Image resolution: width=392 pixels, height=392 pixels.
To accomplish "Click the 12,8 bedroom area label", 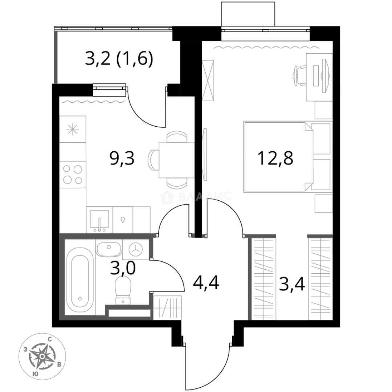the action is point(275,159).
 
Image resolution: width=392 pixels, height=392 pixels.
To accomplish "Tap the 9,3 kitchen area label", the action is point(122,159).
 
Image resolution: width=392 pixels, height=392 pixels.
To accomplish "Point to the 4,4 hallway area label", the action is point(206,283).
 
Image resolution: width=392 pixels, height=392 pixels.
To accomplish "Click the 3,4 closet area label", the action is point(292,285).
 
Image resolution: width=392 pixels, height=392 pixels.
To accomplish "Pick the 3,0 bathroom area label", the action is point(123,268).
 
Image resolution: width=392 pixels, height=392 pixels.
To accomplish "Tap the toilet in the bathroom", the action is point(123,291).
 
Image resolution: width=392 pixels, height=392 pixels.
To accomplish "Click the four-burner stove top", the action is point(73,174).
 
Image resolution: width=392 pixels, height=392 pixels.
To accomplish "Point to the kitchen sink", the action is point(99,220).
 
